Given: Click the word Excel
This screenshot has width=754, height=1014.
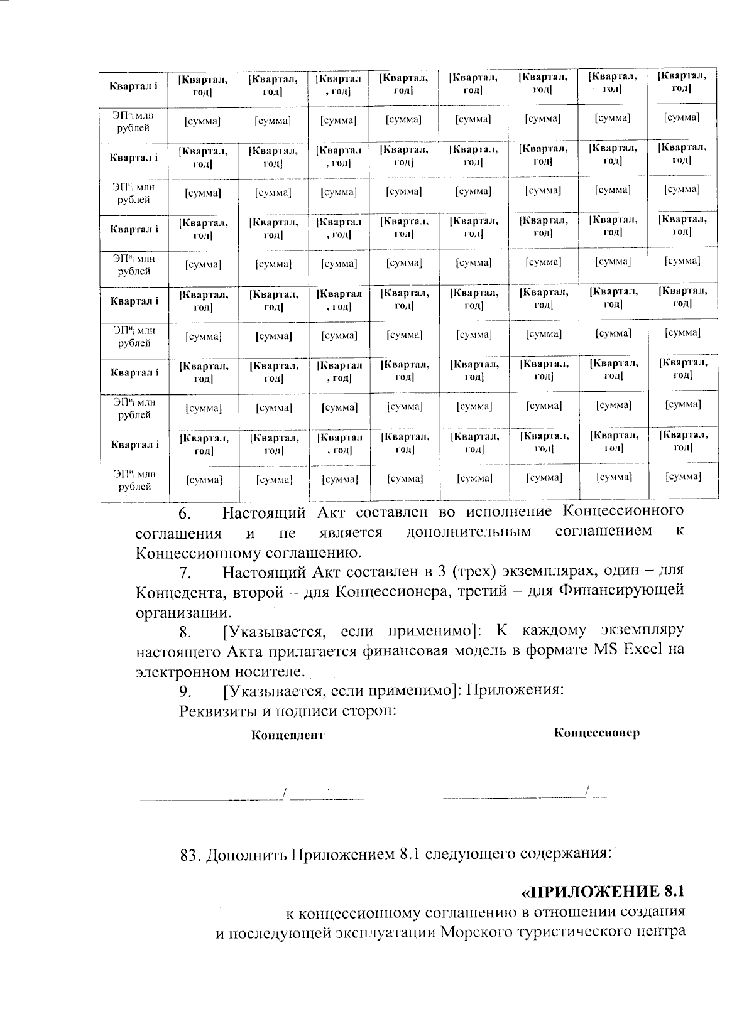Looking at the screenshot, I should coord(643,650).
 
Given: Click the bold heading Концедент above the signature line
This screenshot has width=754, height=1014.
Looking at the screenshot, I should coord(288,735).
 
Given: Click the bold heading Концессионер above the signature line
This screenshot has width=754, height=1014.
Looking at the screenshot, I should coord(597,733).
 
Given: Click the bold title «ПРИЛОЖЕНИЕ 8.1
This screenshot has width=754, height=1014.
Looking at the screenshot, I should coord(602,892).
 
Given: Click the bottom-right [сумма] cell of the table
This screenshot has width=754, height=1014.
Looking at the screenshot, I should coord(682,477).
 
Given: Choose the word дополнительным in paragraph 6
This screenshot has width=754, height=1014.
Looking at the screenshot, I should coord(469,532).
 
